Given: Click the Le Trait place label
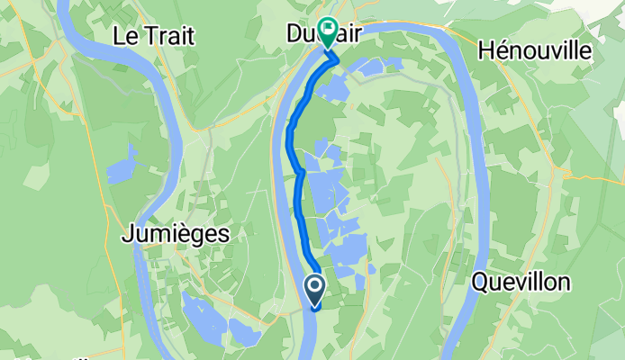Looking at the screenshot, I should pyautogui.click(x=154, y=36).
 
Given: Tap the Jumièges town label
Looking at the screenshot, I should pyautogui.click(x=174, y=235).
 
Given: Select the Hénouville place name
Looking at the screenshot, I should pyautogui.click(x=535, y=51).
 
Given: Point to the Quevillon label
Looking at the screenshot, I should pyautogui.click(x=521, y=282).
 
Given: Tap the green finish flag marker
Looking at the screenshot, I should pyautogui.click(x=325, y=32).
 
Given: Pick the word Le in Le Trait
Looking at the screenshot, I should pyautogui.click(x=124, y=36).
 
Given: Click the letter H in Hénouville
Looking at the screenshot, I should pyautogui.click(x=487, y=51).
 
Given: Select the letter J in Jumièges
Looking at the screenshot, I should pyautogui.click(x=125, y=235).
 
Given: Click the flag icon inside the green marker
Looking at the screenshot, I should pyautogui.click(x=325, y=30).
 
